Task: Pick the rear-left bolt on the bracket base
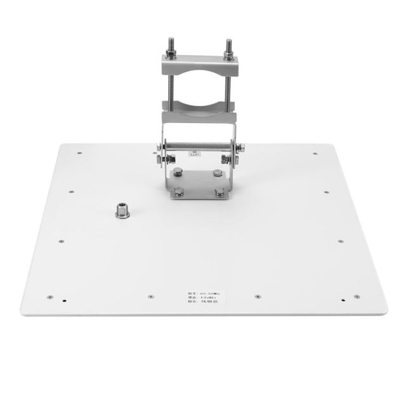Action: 179,171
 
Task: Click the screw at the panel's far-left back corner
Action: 79,153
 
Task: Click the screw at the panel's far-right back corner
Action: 315,153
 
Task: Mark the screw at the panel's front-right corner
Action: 357,296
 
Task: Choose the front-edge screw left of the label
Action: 150,296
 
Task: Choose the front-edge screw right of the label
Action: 257,296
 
